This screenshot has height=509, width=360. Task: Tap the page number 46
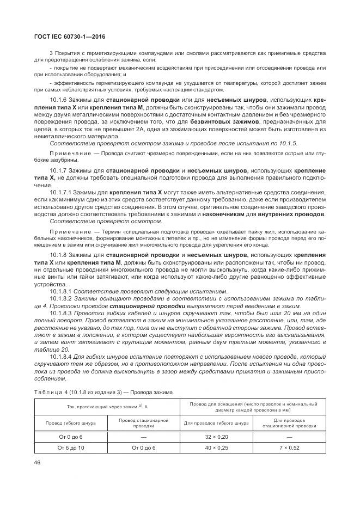point(38,463)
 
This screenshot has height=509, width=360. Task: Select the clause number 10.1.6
point(58,101)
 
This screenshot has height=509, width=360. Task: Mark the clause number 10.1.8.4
point(62,356)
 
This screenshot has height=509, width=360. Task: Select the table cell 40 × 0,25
point(216,447)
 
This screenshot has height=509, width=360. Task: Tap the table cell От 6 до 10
point(71,447)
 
